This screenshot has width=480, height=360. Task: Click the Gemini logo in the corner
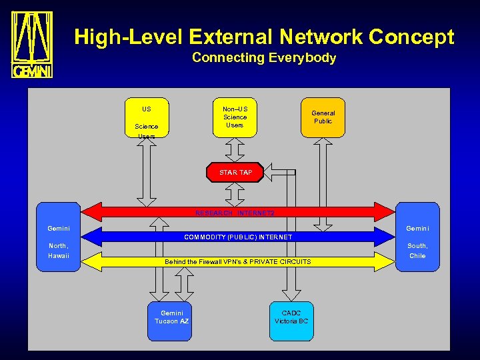(x=32, y=45)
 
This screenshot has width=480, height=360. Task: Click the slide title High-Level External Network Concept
(x=264, y=37)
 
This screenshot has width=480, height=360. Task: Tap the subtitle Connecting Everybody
(x=264, y=58)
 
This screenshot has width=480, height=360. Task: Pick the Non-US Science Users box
(x=235, y=117)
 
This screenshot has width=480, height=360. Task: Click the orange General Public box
(x=323, y=117)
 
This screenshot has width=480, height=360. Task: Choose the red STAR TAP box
(x=235, y=172)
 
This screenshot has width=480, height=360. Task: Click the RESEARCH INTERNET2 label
(x=235, y=213)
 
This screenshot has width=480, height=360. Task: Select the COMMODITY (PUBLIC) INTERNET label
(x=238, y=237)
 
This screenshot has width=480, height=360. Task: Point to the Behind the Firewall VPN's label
(x=238, y=261)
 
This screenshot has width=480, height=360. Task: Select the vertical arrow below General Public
(x=323, y=180)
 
